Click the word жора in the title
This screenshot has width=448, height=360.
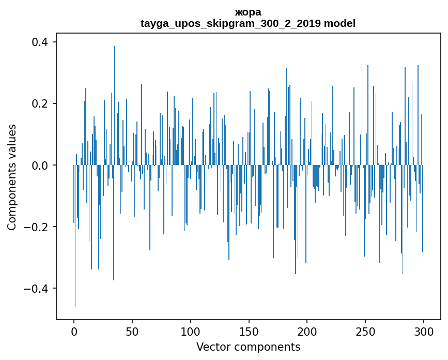(248, 12)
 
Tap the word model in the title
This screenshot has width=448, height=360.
(339, 24)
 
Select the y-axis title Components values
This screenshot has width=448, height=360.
(12, 176)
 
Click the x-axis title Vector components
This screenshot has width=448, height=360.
(248, 347)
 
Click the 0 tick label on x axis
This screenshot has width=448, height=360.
(74, 331)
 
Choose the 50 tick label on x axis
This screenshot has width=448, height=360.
(132, 331)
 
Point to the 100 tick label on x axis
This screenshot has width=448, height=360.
(191, 331)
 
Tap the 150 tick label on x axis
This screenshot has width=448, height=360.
(249, 331)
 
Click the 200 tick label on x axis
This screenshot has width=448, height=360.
(307, 331)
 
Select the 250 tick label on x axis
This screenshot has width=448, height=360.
(365, 331)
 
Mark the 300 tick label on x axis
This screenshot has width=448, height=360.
(424, 331)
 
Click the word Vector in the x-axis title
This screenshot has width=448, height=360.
(212, 347)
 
